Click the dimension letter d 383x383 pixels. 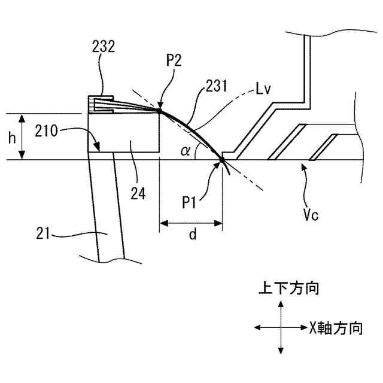[x=192, y=235]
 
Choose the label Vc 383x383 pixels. [x=311, y=214]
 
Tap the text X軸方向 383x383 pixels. [x=336, y=328]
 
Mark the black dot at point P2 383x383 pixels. [x=160, y=111]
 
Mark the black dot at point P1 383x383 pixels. [x=222, y=160]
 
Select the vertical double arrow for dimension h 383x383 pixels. [x=22, y=137]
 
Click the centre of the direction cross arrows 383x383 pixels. [x=280, y=328]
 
